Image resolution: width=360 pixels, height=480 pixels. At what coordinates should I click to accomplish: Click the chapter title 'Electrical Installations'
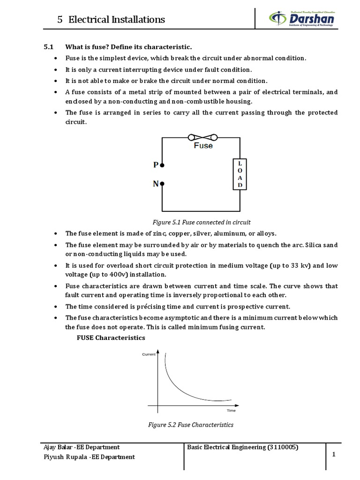coord(117,19)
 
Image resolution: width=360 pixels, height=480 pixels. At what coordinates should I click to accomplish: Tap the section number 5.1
coord(49,47)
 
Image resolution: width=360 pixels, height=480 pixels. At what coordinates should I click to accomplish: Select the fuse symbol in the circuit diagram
coord(202,137)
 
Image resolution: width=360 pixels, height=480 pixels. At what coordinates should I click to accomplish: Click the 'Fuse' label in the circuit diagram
coord(203,146)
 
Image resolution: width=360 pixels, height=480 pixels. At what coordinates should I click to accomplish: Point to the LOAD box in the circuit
coord(240,174)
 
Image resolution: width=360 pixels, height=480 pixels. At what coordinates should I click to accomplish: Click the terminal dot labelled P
coord(162,165)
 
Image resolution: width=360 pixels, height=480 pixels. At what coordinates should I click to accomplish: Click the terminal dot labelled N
coord(162,184)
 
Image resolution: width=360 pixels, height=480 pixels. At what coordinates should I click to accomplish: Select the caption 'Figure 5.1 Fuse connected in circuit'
coord(202,222)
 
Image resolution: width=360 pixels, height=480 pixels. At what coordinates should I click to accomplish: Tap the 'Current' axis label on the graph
coord(149,354)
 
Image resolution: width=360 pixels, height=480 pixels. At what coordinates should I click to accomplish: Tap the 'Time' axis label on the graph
coord(231,410)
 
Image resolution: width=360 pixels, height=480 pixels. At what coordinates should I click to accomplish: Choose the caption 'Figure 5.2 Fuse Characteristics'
coord(190,425)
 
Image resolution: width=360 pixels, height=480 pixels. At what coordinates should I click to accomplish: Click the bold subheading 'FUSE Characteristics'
coord(111,337)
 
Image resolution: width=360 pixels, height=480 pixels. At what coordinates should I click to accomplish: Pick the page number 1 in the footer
coord(334,454)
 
